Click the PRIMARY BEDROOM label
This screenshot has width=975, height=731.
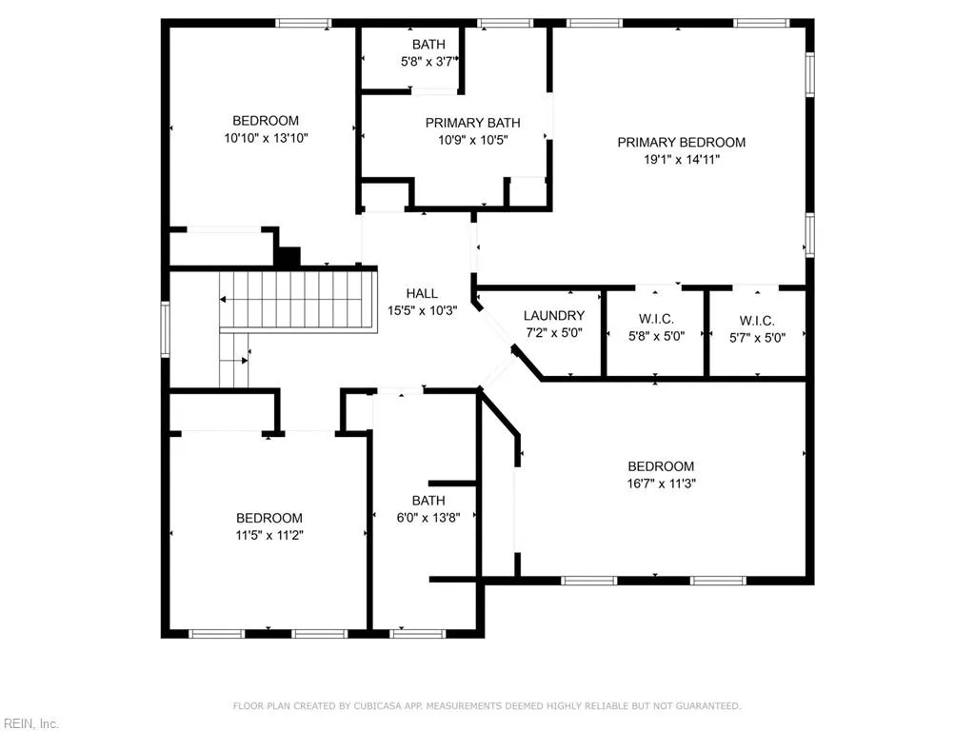pyautogui.click(x=681, y=143)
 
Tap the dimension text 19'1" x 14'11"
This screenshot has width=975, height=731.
pyautogui.click(x=681, y=160)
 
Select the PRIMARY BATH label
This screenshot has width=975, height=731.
pyautogui.click(x=472, y=123)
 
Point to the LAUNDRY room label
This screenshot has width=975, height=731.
pyautogui.click(x=554, y=316)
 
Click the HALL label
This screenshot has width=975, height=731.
pyautogui.click(x=422, y=293)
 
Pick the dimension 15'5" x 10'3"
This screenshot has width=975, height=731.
pyautogui.click(x=422, y=310)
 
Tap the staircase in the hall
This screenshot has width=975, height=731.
pyautogui.click(x=295, y=299)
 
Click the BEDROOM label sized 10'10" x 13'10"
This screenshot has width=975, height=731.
pyautogui.click(x=266, y=121)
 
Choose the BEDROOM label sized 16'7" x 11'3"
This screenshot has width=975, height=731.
pyautogui.click(x=661, y=466)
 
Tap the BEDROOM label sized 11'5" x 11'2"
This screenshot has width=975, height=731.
pyautogui.click(x=269, y=518)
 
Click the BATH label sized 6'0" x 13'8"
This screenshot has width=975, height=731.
pyautogui.click(x=428, y=501)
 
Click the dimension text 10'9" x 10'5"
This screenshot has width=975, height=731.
pyautogui.click(x=472, y=140)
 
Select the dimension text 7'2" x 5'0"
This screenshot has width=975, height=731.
pyautogui.click(x=554, y=333)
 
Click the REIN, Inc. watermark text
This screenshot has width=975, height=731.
pyautogui.click(x=30, y=723)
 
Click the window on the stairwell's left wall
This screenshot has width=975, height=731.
pyautogui.click(x=165, y=329)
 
